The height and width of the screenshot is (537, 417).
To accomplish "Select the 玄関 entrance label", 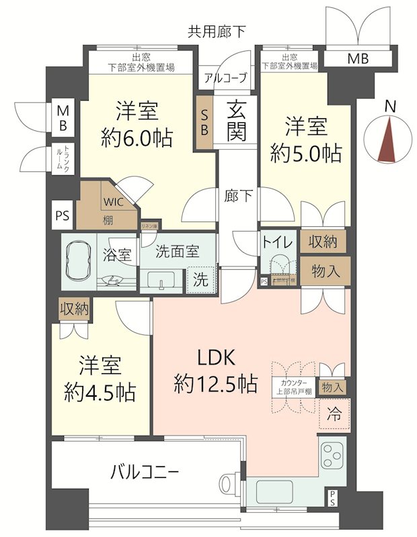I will click(235, 120).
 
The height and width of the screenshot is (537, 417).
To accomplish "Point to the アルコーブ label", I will click(225, 77).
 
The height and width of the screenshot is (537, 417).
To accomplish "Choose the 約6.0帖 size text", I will click(137, 138).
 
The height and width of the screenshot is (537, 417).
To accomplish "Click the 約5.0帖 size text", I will click(305, 153).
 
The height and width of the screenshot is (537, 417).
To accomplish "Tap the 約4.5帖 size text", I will click(100, 391).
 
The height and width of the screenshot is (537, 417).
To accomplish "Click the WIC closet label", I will click(112, 200).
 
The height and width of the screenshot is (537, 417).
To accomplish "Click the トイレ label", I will click(276, 242).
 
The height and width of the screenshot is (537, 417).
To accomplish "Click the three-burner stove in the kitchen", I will click(332, 456).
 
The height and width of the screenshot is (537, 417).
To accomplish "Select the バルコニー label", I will click(144, 472).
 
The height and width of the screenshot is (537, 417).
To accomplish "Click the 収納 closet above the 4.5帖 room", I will click(75, 309).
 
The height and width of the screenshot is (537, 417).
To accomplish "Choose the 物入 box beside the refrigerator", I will click(332, 387).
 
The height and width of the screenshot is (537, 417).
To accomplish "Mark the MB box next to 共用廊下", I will click(357, 59).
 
